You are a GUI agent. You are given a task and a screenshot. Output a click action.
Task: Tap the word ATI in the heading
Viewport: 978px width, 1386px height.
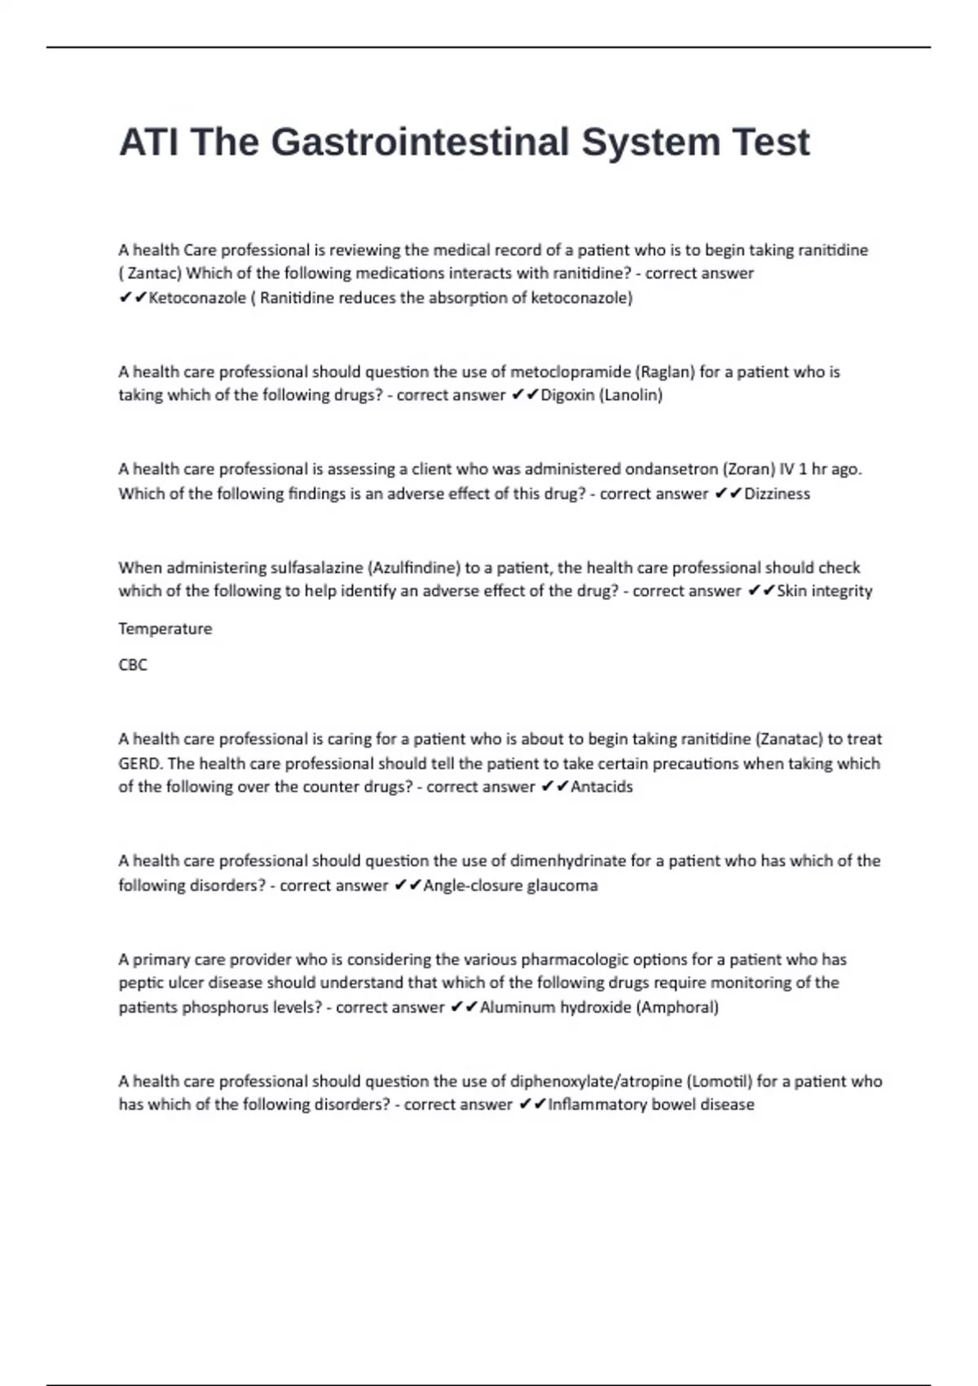tap(148, 142)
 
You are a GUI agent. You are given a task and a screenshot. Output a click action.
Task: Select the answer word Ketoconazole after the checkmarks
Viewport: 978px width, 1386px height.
tap(197, 298)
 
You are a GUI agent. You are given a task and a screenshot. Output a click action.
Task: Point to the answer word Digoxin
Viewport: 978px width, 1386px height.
tap(568, 395)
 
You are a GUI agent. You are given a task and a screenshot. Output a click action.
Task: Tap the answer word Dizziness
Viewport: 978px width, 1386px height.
tap(777, 493)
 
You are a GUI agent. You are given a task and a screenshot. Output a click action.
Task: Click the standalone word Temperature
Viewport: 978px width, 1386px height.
tap(165, 629)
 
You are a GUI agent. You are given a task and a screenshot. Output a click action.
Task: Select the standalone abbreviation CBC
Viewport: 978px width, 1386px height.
tap(133, 664)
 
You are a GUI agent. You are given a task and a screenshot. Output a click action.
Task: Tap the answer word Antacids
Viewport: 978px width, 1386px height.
tap(601, 787)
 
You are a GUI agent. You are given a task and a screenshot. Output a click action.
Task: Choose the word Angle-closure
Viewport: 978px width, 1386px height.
tap(473, 885)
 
